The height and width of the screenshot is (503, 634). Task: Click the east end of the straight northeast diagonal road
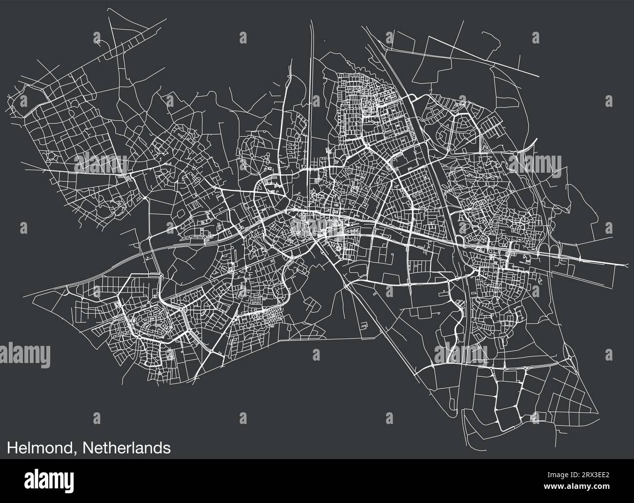coord(538,76)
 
